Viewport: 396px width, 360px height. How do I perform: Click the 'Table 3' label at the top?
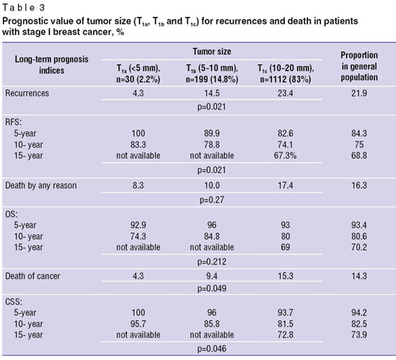24,8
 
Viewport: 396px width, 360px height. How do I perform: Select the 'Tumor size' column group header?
212,52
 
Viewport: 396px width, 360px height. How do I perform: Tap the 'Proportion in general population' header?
359,66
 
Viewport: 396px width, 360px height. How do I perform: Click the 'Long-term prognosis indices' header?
52,65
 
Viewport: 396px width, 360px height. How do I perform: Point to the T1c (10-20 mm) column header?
286,74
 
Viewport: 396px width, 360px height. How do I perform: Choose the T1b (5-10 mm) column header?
212,74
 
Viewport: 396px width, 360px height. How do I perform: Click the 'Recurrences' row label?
27,93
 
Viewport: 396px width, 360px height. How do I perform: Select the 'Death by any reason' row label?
41,185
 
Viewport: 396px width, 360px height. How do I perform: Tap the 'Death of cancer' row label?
33,276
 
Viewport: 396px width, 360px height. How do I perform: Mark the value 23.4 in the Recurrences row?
286,93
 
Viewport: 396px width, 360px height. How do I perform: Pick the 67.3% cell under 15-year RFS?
286,156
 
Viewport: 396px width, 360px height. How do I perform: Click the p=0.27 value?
212,200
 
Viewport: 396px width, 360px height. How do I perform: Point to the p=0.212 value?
212,261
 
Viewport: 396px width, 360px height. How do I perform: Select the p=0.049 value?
212,289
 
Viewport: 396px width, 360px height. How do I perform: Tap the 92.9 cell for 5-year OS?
138,225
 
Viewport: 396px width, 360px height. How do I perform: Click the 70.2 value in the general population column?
359,247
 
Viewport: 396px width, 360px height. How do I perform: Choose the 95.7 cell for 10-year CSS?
138,324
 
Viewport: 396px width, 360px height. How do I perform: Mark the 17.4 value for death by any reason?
286,185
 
